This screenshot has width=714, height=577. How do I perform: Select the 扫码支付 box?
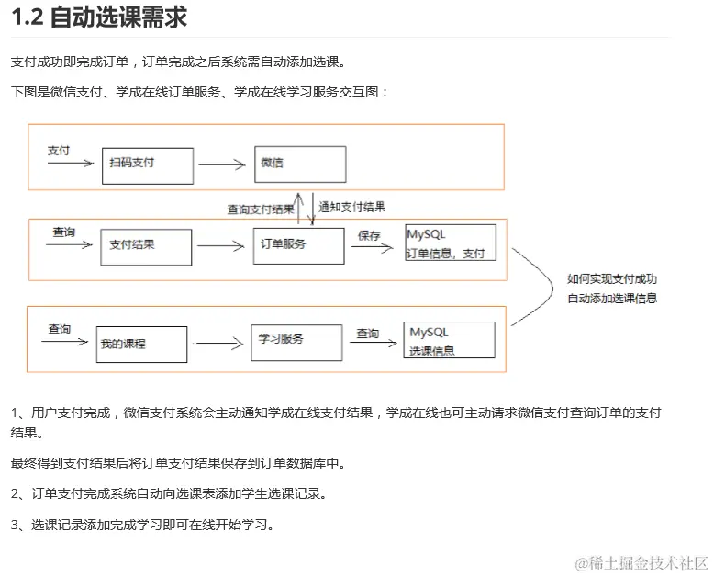147,164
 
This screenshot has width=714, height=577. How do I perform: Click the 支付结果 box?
146,246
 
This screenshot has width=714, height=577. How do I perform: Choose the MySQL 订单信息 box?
450,243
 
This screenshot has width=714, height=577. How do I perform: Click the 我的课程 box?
141,344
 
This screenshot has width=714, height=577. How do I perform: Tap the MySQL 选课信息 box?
449,340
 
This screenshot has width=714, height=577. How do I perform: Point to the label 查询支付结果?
261,209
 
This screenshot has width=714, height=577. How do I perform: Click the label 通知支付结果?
352,207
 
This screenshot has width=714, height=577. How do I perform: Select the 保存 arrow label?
369,235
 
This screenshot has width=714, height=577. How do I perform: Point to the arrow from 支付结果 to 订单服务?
221,246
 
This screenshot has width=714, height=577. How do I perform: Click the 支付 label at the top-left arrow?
59,150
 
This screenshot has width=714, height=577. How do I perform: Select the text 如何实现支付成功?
611,279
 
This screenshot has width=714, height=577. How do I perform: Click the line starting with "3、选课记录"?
142,526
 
